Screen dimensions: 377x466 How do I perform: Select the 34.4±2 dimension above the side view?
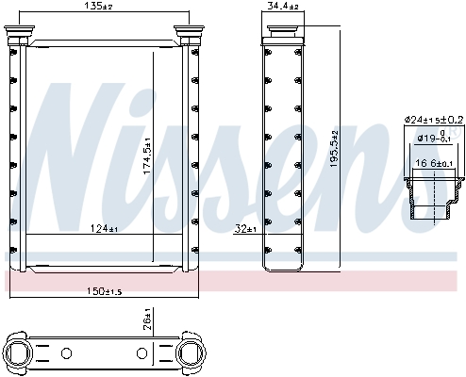point(280,7)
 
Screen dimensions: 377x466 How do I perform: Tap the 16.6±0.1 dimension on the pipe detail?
point(432,163)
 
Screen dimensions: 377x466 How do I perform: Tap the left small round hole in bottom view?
point(66,354)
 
